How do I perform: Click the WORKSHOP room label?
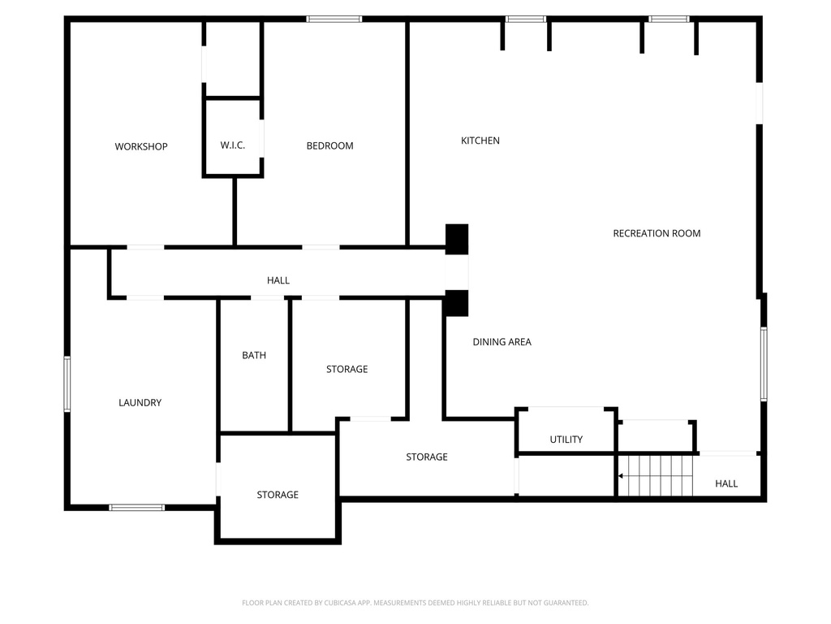point(141,146)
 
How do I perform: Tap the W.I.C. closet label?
point(232,145)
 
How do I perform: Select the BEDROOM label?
point(329,145)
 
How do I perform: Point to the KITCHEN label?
point(480,141)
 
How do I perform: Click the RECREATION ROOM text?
point(657,233)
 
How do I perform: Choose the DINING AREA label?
point(502,342)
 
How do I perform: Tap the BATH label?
point(254,355)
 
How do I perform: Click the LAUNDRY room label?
point(140,402)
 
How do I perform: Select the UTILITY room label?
point(566,440)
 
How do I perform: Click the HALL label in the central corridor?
point(278,280)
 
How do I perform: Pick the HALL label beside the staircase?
point(726,483)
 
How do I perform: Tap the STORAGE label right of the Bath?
point(347,369)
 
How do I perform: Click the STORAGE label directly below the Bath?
point(278,495)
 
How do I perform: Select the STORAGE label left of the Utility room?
point(427,457)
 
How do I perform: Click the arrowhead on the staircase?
point(622,475)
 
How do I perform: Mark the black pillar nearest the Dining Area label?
point(457,303)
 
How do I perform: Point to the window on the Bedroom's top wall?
point(334,18)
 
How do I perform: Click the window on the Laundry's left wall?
point(67,383)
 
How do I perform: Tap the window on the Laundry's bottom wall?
point(137,507)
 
